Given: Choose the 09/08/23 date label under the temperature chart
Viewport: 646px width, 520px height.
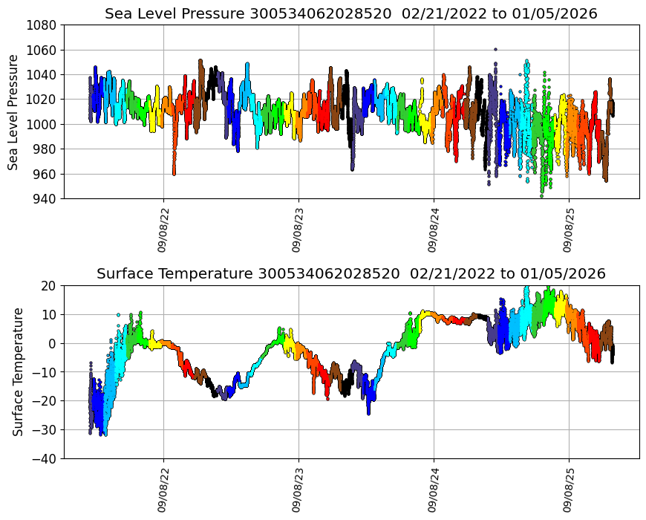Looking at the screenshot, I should pos(298,491).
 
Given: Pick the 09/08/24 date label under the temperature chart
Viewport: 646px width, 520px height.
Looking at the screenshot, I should pos(434,491).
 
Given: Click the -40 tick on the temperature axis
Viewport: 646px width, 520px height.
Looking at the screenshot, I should pos(43,459).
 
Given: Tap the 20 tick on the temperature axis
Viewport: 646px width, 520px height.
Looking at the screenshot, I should pos(49,286).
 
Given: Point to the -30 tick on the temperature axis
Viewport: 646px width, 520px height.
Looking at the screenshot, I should pos(43,430).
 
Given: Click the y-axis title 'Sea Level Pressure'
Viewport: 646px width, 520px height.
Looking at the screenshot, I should pos(13,111).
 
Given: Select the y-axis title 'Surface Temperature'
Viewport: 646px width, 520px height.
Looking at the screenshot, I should pos(18,371).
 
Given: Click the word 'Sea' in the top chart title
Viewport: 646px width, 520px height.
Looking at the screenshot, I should pos(119,14).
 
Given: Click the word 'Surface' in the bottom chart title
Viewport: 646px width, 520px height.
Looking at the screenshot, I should pos(124,274).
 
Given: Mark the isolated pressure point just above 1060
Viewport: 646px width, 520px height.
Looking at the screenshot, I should pos(495,49).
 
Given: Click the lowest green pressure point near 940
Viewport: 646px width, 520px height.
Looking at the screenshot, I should pos(541,196).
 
